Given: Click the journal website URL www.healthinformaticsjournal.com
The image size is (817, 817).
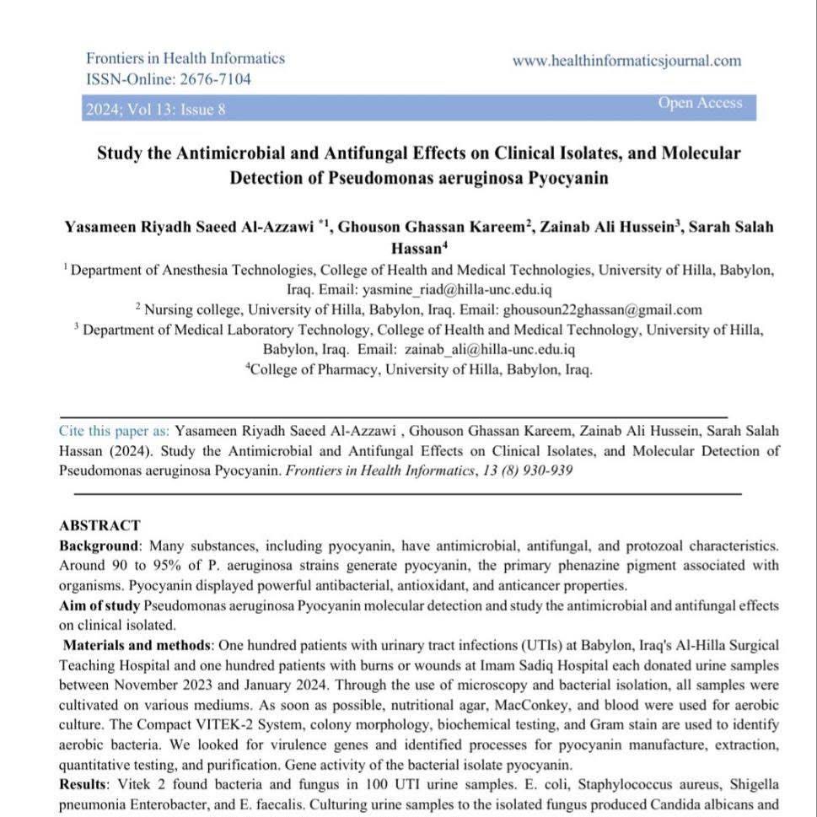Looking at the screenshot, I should (x=626, y=61).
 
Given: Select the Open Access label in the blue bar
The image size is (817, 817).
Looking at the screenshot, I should (x=700, y=103).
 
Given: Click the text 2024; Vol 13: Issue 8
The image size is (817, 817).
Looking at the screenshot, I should (x=156, y=109).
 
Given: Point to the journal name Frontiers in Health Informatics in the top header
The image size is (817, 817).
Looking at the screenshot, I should (x=185, y=59).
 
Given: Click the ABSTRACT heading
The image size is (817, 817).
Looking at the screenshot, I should (x=99, y=525).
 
